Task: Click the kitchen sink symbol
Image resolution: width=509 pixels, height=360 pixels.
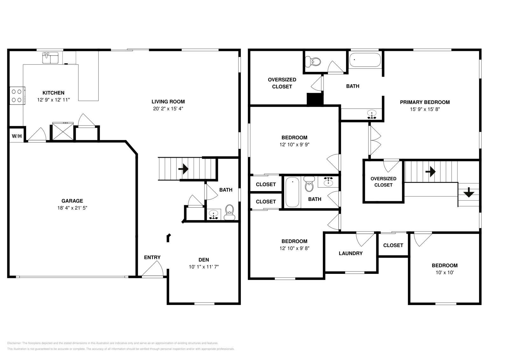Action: (x=50, y=58)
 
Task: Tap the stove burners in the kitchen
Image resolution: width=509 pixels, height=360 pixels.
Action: (x=17, y=96)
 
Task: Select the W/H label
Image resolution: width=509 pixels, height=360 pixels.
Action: (x=17, y=136)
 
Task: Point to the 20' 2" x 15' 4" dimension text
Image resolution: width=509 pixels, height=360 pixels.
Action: (x=168, y=108)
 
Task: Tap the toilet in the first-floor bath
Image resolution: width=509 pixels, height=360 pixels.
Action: (x=229, y=212)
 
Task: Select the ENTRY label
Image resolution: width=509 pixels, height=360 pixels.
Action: (x=152, y=257)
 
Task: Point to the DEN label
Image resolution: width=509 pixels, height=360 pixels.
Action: (x=204, y=260)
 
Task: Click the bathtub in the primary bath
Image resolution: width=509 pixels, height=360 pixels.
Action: (x=365, y=60)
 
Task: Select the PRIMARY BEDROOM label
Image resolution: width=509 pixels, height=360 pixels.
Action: (x=425, y=102)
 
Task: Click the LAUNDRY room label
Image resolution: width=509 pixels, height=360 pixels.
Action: (x=351, y=253)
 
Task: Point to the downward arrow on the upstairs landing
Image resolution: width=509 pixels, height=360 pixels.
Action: (x=469, y=193)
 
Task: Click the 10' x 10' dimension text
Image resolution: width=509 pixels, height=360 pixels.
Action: (x=444, y=273)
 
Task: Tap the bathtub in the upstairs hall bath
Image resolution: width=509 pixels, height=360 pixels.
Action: (x=292, y=192)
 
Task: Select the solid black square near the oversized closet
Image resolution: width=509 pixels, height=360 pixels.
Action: (x=315, y=99)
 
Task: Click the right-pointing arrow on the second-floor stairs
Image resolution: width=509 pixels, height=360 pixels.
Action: (x=430, y=172)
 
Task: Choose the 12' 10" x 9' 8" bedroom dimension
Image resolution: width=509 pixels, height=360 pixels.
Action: (x=294, y=248)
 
